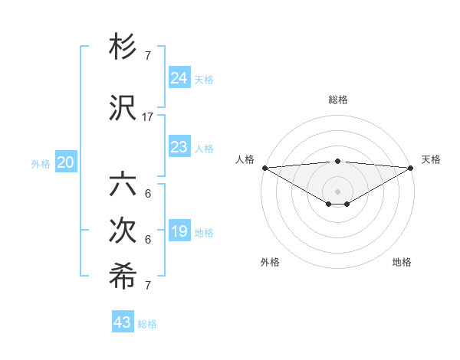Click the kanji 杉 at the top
tap(123, 48)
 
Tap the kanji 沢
tap(123, 109)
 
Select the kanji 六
tap(123, 185)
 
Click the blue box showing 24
tap(179, 78)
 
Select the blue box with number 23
tap(179, 147)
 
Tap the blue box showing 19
tap(179, 231)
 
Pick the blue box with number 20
tap(66, 162)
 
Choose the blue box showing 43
tap(122, 322)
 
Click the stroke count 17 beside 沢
tap(148, 117)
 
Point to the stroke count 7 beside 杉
tap(148, 56)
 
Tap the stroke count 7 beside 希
tap(148, 286)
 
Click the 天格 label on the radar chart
tap(431, 159)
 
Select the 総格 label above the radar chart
tap(338, 100)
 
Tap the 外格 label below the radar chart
tap(270, 262)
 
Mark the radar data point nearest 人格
tap(264, 168)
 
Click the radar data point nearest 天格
tap(411, 168)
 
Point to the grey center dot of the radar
tap(337, 191)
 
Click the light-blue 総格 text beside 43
tap(147, 324)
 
